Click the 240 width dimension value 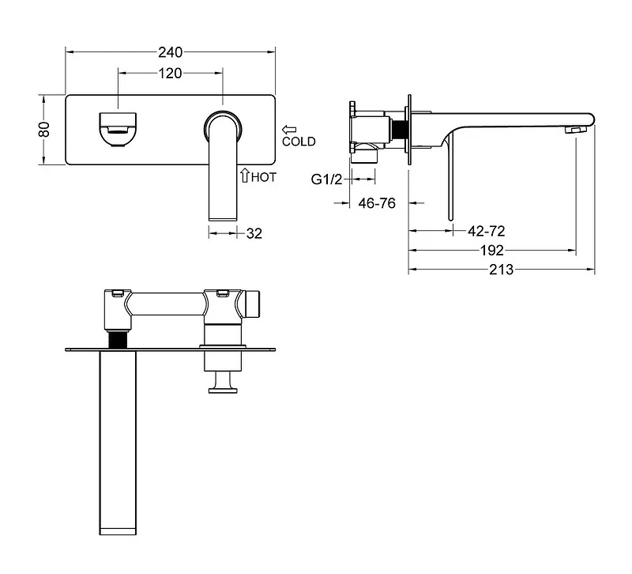click(x=170, y=52)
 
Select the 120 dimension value click(x=170, y=74)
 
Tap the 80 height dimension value click(x=44, y=130)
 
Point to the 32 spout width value click(x=254, y=233)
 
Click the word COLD click(x=299, y=142)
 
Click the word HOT click(x=264, y=177)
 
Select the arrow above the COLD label click(x=289, y=130)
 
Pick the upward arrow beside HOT click(x=245, y=176)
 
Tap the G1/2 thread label click(x=326, y=179)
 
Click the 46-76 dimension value click(x=377, y=203)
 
